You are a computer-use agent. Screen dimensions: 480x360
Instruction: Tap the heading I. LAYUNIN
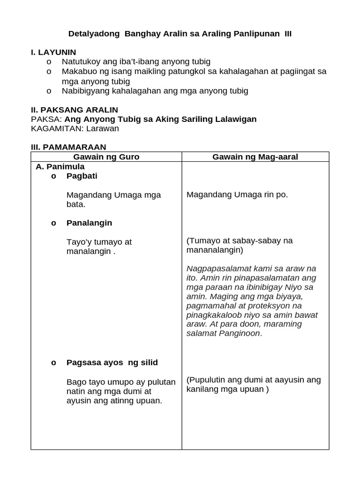pos(53,52)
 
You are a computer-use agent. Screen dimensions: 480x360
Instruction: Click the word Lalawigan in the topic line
pos(235,119)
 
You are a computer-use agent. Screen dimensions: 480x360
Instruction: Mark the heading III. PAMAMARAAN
pos(68,147)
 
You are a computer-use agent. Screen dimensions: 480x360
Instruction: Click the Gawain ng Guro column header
pos(106,157)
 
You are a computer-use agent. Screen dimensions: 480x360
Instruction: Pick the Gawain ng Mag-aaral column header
pos(255,157)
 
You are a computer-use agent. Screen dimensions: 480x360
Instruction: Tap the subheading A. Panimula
pos(60,166)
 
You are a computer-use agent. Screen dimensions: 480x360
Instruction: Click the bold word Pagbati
pos(82,176)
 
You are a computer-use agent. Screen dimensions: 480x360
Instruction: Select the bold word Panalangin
pos(89,223)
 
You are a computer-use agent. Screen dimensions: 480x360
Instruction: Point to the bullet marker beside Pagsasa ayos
pos(53,362)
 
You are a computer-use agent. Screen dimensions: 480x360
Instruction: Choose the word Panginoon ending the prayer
pos(238,333)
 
